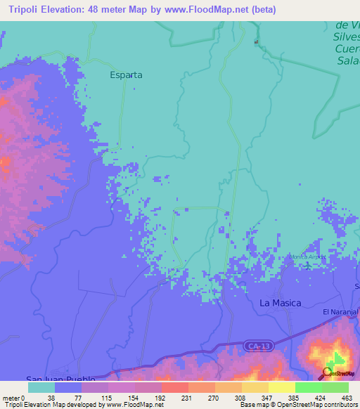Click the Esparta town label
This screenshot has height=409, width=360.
click(126, 74)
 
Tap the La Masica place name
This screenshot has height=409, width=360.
click(281, 303)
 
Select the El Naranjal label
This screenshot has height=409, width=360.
click(340, 311)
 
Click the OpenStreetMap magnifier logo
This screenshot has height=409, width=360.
click(328, 372)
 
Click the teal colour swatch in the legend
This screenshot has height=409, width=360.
click(41, 387)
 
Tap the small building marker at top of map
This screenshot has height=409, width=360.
click(257, 42)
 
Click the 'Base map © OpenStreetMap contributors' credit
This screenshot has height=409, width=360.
click(298, 405)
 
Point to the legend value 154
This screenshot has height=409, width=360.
click(122, 397)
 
